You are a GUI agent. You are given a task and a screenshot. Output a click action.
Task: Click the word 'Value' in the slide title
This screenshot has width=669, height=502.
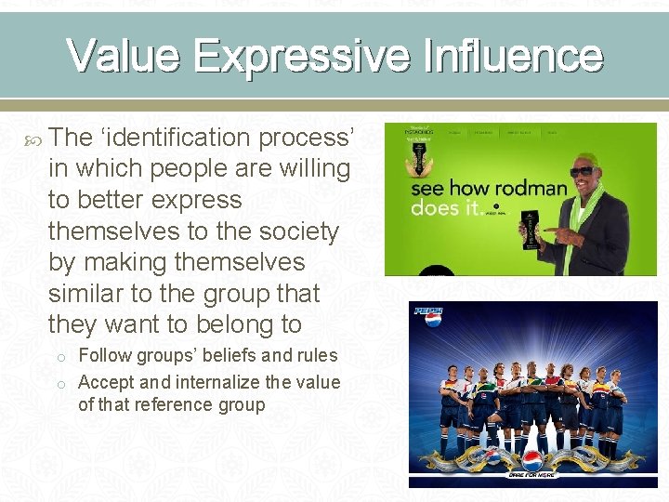124,56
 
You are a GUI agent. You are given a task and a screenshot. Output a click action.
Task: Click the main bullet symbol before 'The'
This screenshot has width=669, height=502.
34,139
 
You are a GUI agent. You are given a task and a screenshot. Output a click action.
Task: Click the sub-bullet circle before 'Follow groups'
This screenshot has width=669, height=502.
58,356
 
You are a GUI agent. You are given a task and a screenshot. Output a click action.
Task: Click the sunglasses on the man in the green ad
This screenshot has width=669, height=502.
582,172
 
